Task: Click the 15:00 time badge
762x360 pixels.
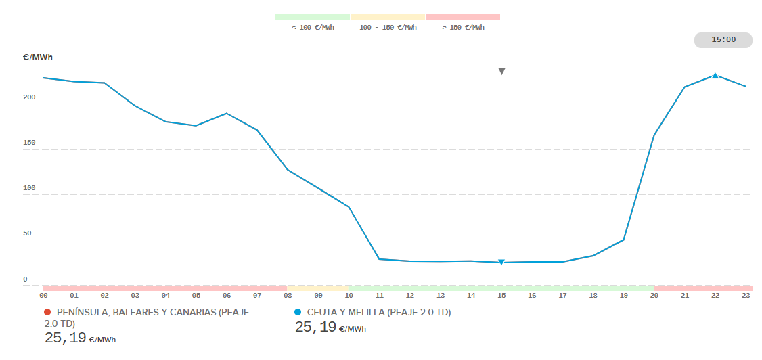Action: click(x=723, y=40)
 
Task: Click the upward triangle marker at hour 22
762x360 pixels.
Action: click(x=715, y=76)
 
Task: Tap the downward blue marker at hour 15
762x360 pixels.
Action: click(x=501, y=263)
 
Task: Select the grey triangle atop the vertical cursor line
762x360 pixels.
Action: click(x=501, y=71)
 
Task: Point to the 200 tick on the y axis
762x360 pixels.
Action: click(x=28, y=98)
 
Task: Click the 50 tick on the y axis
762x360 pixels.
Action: click(x=27, y=233)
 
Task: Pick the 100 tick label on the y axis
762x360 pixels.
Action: click(x=28, y=188)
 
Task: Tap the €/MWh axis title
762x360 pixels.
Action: click(x=37, y=58)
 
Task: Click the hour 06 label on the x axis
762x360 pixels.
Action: click(x=227, y=296)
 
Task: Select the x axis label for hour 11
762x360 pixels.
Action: click(x=380, y=296)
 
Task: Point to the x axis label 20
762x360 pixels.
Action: click(x=654, y=296)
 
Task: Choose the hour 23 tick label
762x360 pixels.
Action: click(x=746, y=296)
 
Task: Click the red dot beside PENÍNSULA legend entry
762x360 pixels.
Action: click(x=47, y=312)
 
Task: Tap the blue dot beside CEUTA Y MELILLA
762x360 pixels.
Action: click(x=298, y=312)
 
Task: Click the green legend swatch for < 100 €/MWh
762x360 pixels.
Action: click(x=313, y=16)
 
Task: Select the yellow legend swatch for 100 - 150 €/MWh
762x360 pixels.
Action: click(x=388, y=16)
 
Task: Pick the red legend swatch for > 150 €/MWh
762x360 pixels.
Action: click(x=463, y=16)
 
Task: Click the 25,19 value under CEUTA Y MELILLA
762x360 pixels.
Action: click(x=315, y=328)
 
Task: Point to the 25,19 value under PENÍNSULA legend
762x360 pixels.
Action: click(x=66, y=338)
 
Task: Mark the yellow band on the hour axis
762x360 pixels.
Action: click(x=318, y=288)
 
